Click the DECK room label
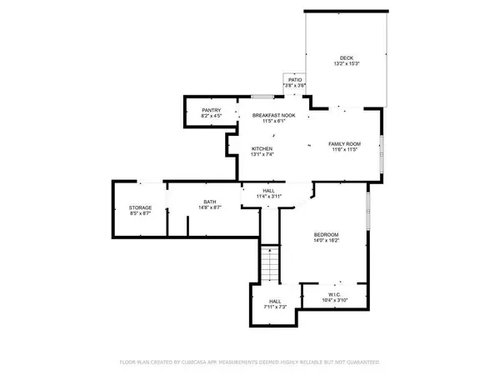(x=346, y=57)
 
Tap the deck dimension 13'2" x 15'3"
(x=346, y=64)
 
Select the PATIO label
(x=295, y=79)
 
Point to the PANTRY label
(x=212, y=110)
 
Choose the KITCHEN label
(x=262, y=149)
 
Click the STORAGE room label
(x=139, y=208)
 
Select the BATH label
(x=210, y=202)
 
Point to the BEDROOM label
(x=325, y=235)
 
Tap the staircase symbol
(x=270, y=265)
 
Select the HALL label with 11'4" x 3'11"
(x=269, y=191)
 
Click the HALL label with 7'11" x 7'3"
(x=274, y=302)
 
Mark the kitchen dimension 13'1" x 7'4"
(x=262, y=155)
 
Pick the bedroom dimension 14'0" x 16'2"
(x=325, y=242)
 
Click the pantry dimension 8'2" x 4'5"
(x=212, y=116)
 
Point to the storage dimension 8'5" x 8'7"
(x=139, y=214)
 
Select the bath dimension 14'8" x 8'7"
(x=210, y=207)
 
